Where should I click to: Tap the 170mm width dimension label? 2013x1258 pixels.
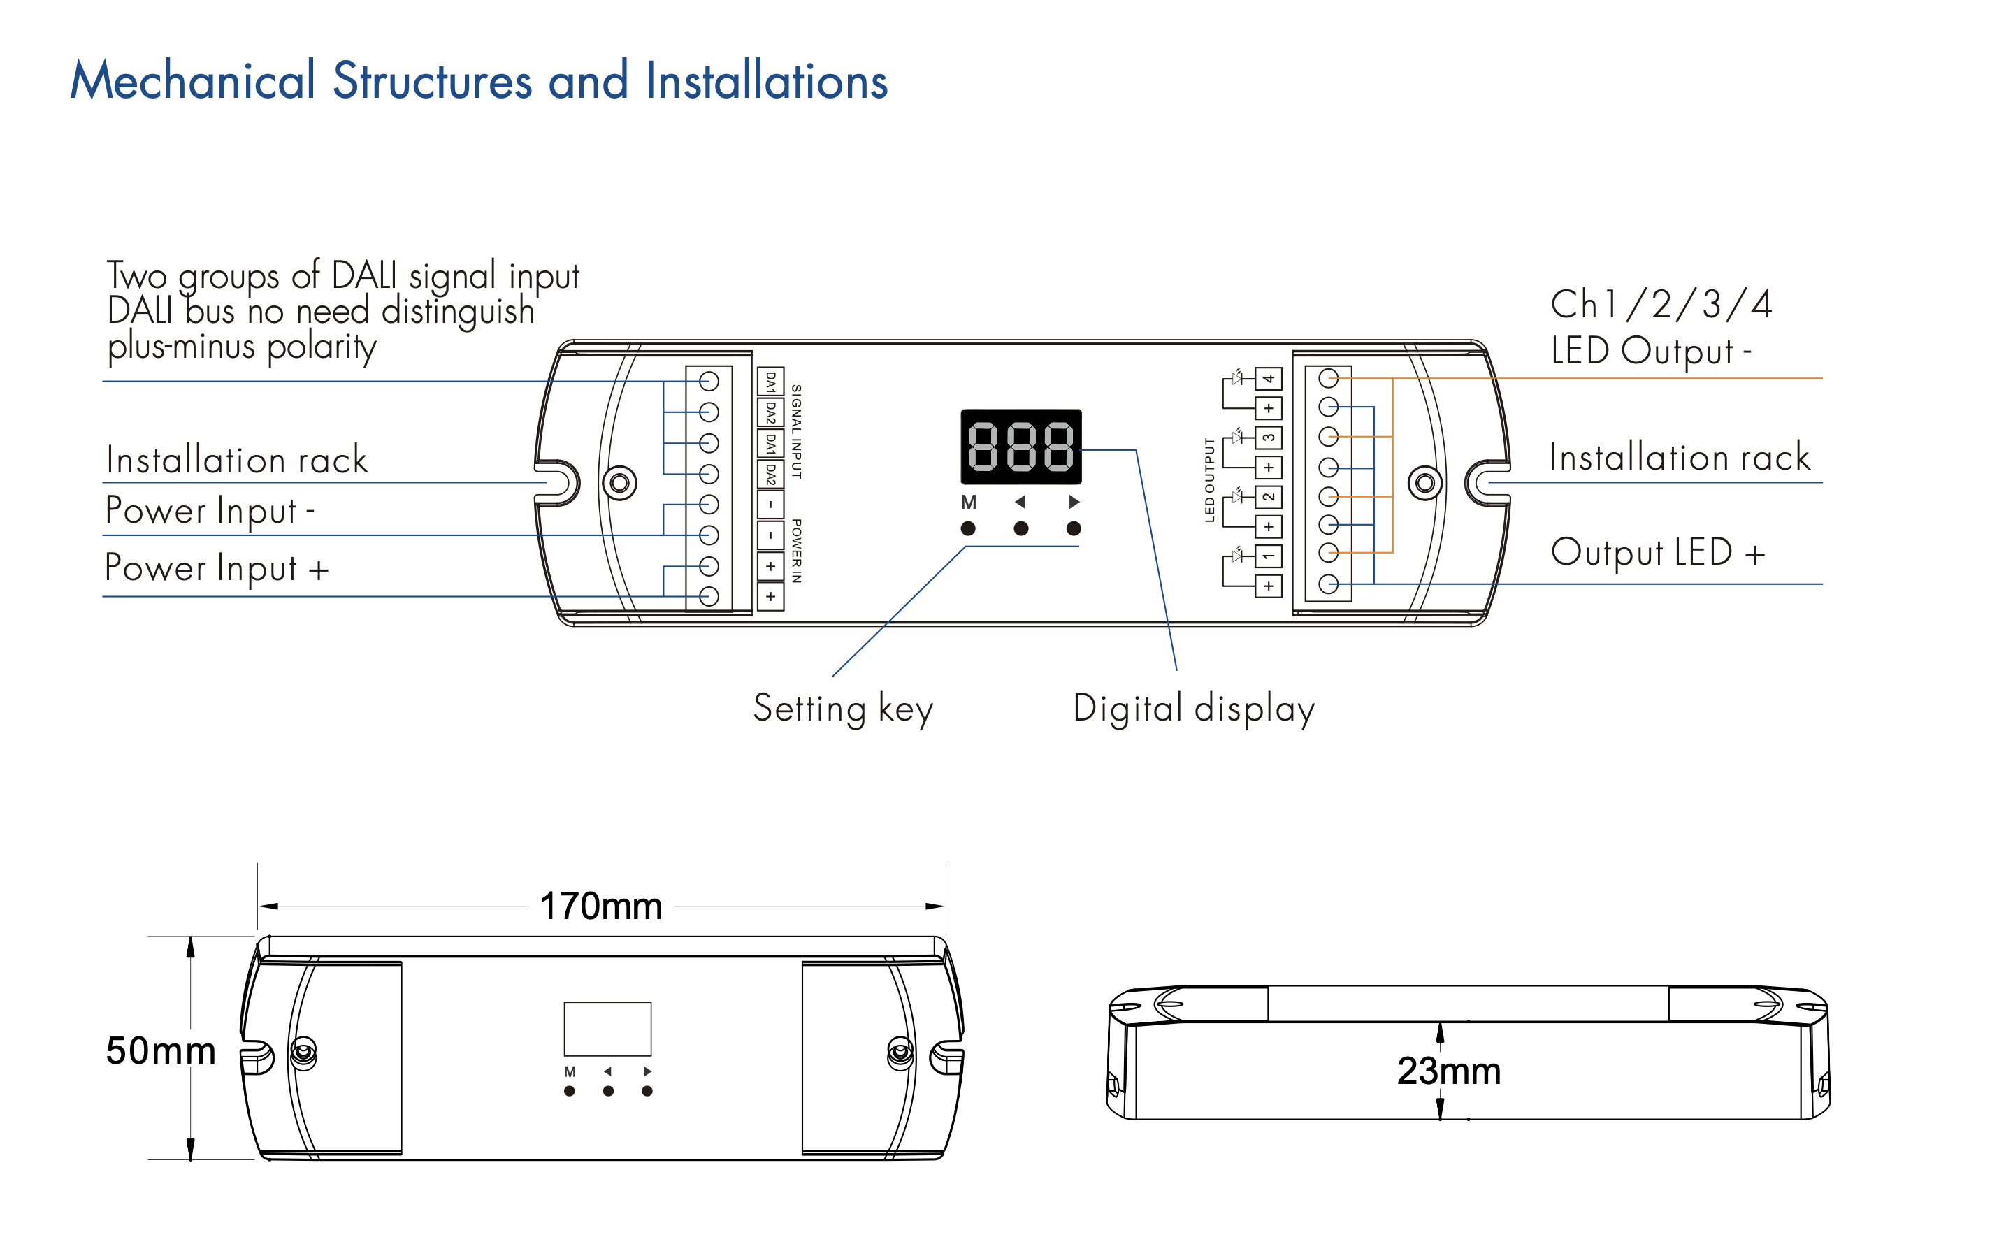coord(600,906)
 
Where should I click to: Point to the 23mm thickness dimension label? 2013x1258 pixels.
coord(1448,1071)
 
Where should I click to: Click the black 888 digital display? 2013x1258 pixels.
coord(1020,447)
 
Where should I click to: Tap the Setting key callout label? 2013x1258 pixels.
coord(843,709)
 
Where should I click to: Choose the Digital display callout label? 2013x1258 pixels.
coord(1194,709)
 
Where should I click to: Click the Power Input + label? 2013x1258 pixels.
coord(216,568)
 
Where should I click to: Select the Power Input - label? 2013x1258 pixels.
coord(210,510)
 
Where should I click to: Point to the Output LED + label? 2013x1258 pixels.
coord(1657,552)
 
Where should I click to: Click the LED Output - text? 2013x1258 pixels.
coord(1650,350)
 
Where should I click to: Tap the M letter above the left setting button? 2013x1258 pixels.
coord(968,503)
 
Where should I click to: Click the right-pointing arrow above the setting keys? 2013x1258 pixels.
coord(1074,502)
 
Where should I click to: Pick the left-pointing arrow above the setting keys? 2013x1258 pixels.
coord(1020,502)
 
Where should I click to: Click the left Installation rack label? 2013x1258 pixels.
coord(237,460)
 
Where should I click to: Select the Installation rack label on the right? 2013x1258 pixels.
coord(1680,458)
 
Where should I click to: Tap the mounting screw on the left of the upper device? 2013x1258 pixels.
coord(619,482)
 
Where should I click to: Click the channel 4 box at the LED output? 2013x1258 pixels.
coord(1269,379)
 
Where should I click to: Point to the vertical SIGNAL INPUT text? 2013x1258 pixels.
coord(796,431)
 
